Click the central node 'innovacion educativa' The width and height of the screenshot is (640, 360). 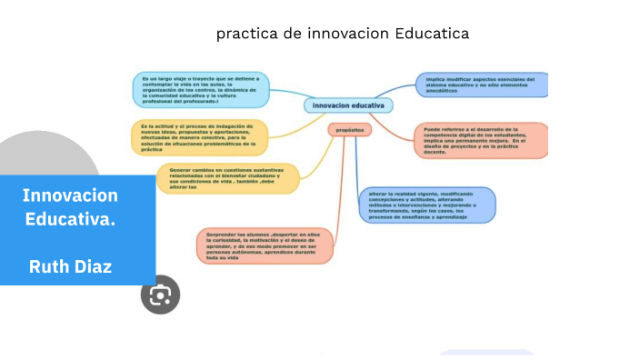coord(348,105)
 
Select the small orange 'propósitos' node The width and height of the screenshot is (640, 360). coord(349,130)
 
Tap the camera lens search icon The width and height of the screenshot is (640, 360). coord(160,295)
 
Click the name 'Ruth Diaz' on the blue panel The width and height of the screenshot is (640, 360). coord(71,266)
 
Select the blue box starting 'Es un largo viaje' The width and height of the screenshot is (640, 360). coord(200,89)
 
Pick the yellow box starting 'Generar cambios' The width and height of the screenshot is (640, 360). coord(227,178)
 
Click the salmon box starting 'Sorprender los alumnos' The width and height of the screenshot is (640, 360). coord(264,245)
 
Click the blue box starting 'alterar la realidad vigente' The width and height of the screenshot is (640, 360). coord(427,205)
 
